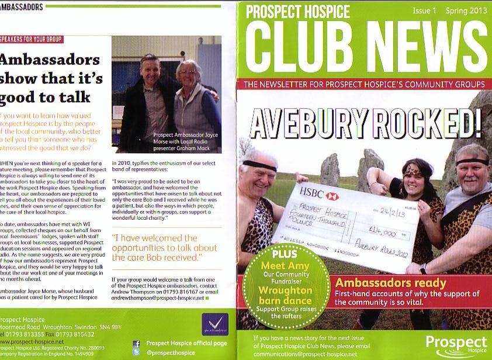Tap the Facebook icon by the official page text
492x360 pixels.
tap(137, 344)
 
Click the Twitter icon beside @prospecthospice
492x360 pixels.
tap(137, 353)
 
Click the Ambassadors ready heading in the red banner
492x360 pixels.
tap(390, 283)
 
